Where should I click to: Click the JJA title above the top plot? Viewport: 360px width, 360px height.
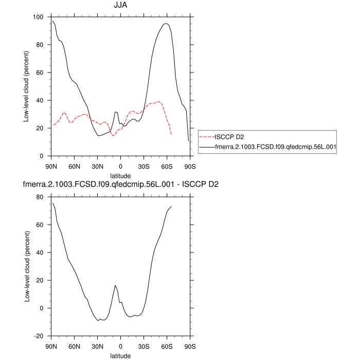(x=121, y=6)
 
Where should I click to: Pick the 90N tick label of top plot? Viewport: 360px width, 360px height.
(x=51, y=166)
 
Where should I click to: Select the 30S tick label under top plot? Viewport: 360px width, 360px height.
(x=143, y=166)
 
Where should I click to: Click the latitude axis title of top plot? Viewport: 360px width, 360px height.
(x=120, y=175)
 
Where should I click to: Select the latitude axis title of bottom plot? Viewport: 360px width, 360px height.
(x=120, y=355)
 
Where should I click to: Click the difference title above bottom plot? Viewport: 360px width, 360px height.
(x=120, y=184)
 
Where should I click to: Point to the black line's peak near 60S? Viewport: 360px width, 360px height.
(x=166, y=23)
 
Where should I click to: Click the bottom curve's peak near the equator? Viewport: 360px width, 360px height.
(x=115, y=285)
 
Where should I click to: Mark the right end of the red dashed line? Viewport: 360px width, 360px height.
(x=171, y=135)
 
